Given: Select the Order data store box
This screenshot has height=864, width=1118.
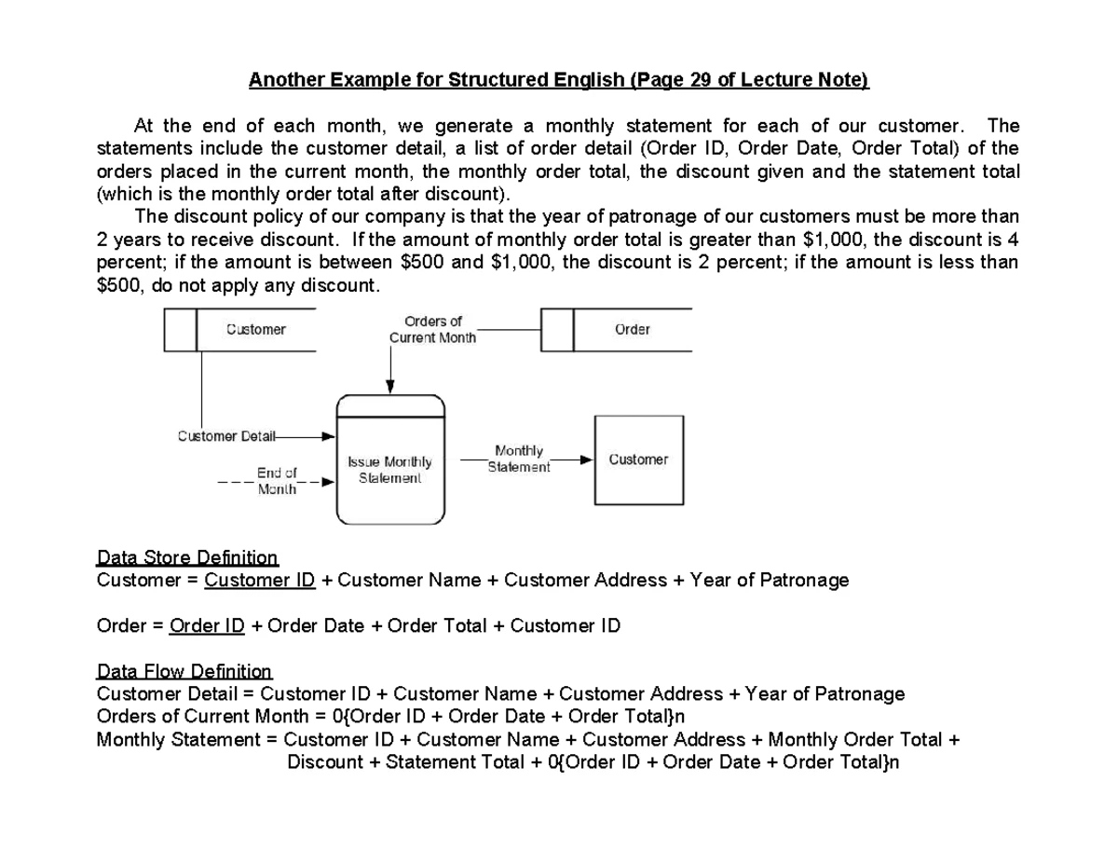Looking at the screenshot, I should [616, 330].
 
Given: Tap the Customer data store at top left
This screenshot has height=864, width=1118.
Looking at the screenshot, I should [240, 330].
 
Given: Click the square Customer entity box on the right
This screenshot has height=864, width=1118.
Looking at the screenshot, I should [638, 459].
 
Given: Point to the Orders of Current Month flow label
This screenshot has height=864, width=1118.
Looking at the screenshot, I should [432, 329].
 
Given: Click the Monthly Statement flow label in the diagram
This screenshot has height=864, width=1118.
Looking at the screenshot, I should [519, 459].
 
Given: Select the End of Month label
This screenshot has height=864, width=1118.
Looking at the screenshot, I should [277, 480].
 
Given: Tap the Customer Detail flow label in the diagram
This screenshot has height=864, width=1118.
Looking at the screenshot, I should [221, 435].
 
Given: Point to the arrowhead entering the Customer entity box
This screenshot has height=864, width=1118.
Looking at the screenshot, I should [586, 459].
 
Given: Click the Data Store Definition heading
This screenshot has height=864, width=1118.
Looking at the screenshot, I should [187, 558].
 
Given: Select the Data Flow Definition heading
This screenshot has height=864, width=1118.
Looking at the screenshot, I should [184, 671].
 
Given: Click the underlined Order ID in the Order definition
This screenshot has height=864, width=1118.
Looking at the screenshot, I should [207, 625].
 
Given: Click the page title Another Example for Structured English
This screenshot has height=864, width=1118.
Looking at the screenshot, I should [557, 81].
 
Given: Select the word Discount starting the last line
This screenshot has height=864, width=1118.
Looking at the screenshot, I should [324, 762].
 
